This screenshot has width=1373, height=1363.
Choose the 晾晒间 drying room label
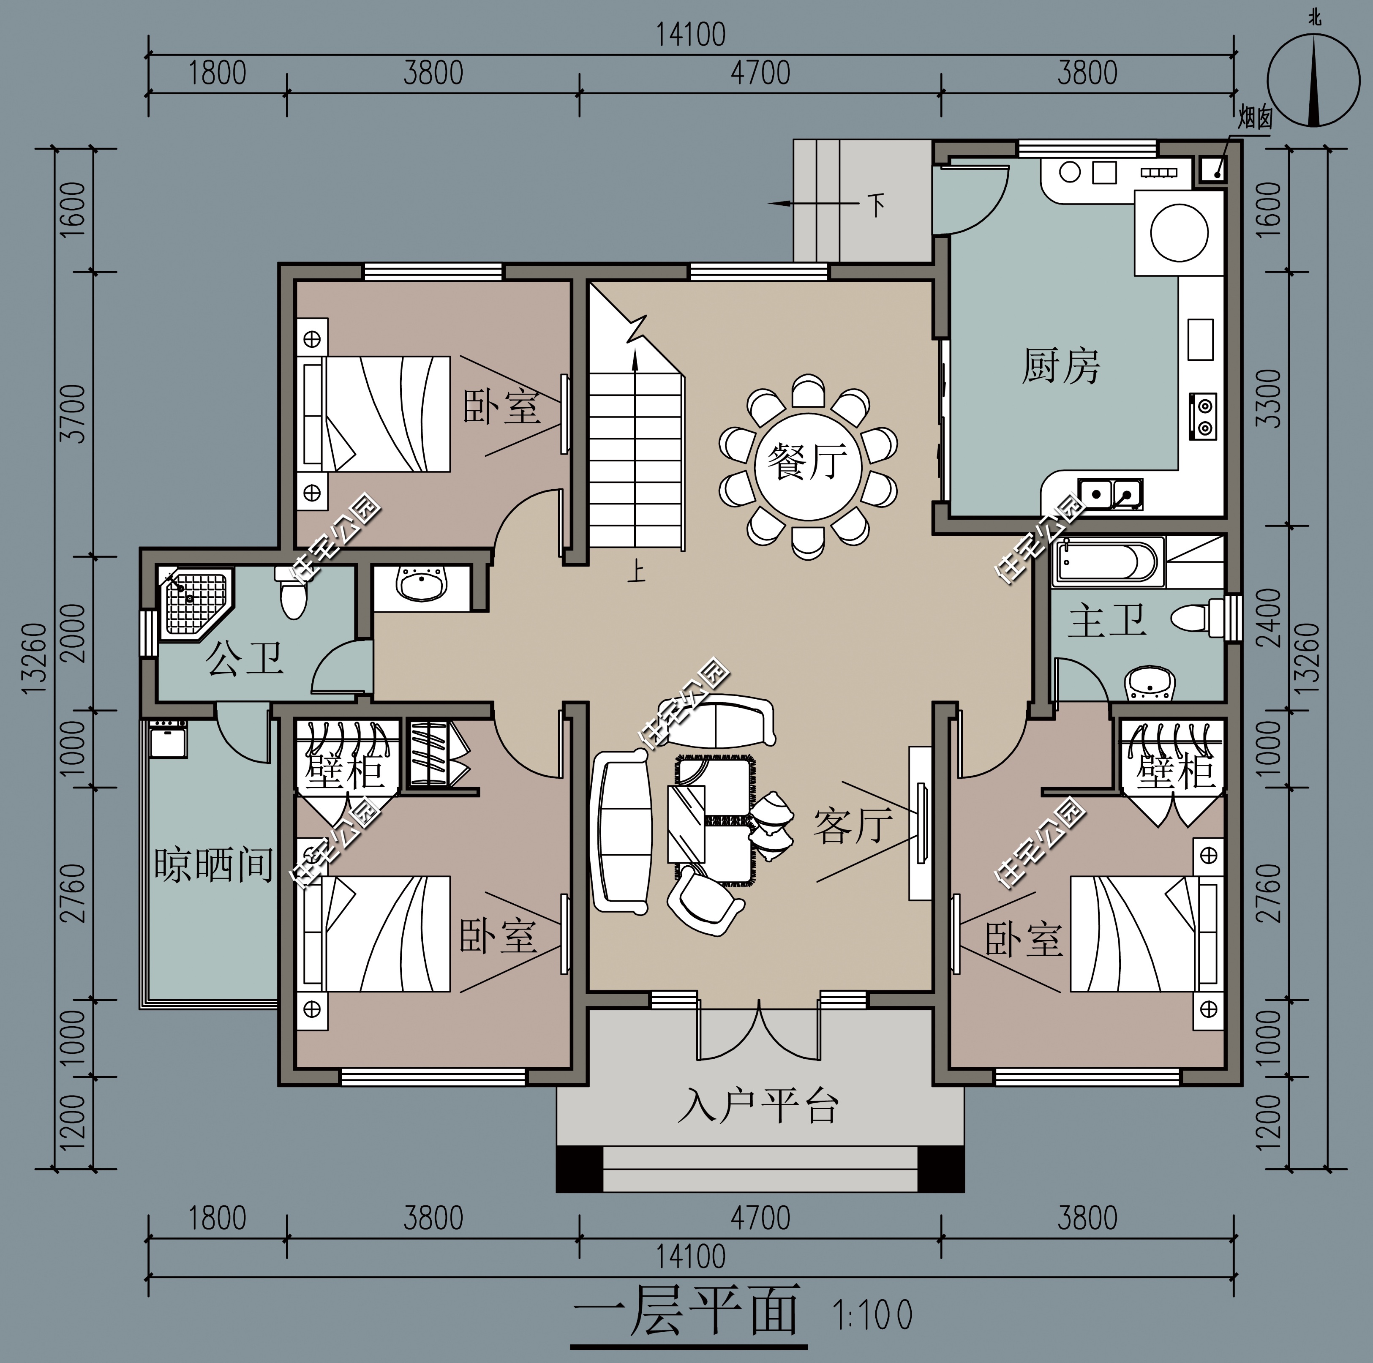[214, 864]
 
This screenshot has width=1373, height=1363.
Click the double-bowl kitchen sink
[1111, 493]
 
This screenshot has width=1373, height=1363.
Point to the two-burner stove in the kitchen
[1202, 417]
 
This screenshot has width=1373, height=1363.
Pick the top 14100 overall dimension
[690, 35]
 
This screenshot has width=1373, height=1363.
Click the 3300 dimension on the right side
[1269, 398]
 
